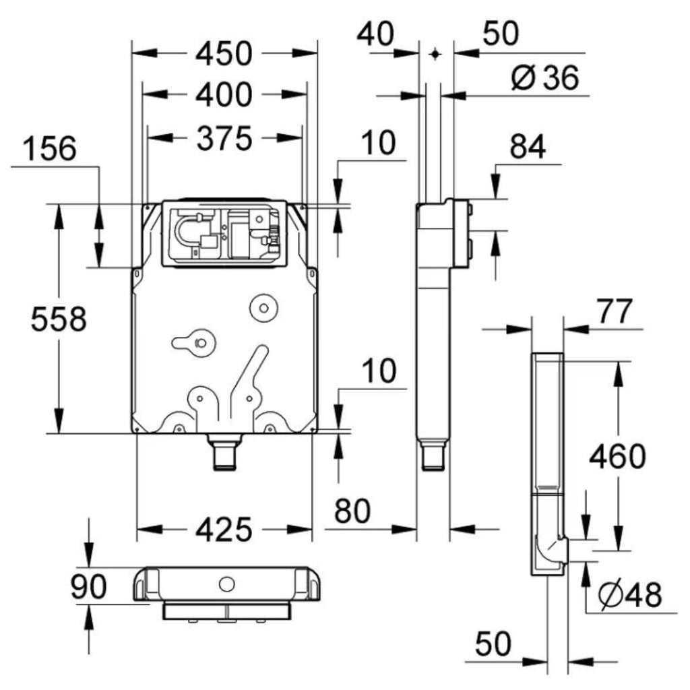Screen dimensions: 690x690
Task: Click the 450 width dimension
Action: pyautogui.click(x=223, y=54)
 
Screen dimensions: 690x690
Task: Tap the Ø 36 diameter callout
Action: pyautogui.click(x=544, y=79)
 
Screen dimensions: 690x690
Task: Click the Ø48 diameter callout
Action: pyautogui.click(x=630, y=595)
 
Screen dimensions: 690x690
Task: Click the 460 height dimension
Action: pyautogui.click(x=617, y=457)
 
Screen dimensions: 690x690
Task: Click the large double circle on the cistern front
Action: pyautogui.click(x=263, y=307)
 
